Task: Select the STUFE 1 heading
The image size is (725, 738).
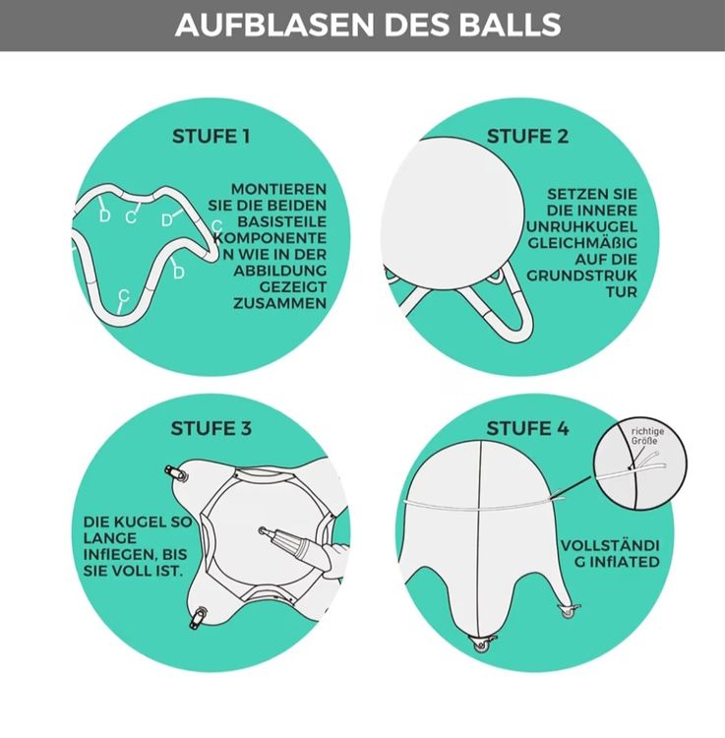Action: click(211, 137)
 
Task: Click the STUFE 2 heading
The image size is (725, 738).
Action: click(527, 137)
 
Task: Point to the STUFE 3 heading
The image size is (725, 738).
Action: click(211, 428)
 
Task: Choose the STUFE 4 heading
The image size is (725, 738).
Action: click(527, 428)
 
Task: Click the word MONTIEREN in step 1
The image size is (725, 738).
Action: click(278, 189)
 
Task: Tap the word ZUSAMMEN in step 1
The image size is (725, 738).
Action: click(280, 303)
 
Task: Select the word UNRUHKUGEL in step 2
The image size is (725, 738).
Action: click(581, 226)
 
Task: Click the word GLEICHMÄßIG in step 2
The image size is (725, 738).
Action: click(582, 243)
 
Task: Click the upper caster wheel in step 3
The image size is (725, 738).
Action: click(175, 473)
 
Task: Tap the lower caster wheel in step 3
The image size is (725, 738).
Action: click(198, 617)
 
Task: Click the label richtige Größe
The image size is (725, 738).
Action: click(647, 435)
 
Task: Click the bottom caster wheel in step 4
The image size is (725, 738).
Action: click(481, 643)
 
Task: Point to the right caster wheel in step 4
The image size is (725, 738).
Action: click(569, 610)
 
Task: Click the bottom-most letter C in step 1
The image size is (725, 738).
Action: click(123, 296)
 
